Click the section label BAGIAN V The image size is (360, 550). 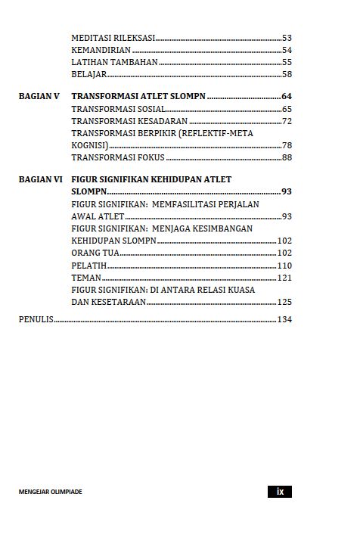point(39,97)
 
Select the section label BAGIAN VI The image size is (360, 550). point(40,179)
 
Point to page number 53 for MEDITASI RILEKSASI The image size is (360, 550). point(287,37)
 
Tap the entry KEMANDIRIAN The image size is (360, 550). point(101,50)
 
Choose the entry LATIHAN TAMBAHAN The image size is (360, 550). point(114,62)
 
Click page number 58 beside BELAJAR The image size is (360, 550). point(287,74)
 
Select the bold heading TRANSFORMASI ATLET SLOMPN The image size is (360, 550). point(138,97)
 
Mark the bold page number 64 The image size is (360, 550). point(287,97)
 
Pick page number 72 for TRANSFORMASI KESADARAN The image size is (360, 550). point(287,121)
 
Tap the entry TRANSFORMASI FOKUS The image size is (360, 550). point(117,157)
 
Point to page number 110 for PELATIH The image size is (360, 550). point(284,266)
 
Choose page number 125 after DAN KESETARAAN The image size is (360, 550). point(284,302)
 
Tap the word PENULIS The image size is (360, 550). point(36,319)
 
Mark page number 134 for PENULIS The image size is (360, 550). point(284,319)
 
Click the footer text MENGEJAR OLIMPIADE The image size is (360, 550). point(51,492)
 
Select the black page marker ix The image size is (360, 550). point(280,492)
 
